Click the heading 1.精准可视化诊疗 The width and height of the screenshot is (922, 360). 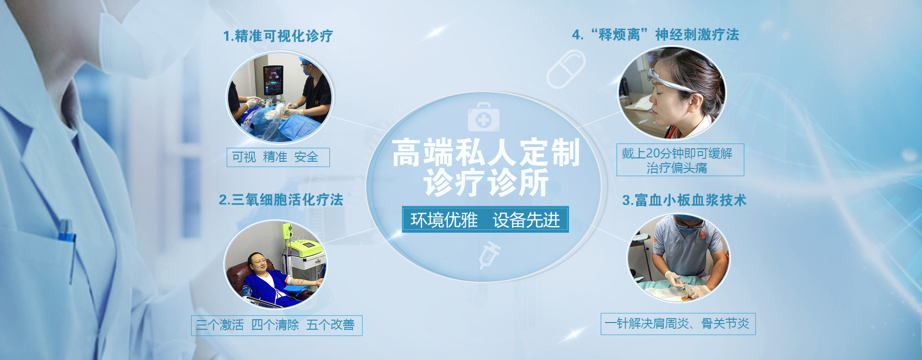tap(278, 36)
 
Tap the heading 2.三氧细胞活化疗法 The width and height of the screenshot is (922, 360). tap(281, 200)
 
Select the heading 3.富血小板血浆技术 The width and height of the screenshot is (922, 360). tap(684, 200)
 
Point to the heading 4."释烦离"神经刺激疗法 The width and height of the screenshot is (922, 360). tap(655, 35)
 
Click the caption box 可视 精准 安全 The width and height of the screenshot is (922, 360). tap(278, 157)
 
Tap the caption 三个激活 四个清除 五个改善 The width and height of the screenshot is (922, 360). tap(277, 325)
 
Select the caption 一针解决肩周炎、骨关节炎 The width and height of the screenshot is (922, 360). tap(678, 324)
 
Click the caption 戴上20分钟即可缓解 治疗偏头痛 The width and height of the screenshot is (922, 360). tap(680, 160)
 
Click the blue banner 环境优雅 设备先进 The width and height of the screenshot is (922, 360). tap(485, 219)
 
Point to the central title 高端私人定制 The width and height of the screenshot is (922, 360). tap(486, 153)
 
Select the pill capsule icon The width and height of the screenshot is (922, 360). tap(566, 69)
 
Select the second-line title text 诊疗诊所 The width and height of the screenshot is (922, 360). tap(486, 183)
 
